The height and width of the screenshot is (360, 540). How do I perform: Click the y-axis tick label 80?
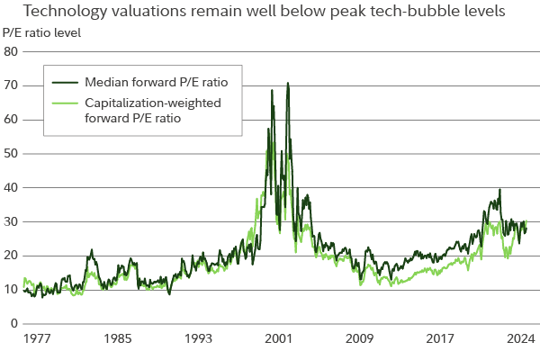12,51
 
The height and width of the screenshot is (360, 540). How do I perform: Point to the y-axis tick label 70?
12,85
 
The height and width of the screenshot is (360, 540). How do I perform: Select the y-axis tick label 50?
12,153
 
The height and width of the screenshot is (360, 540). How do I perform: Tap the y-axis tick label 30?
12,221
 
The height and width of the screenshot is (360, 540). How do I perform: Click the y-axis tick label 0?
14,323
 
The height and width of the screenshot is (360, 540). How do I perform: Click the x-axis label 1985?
117,341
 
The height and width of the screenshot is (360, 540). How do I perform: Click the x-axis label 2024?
519,341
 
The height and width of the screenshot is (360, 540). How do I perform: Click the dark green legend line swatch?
67,81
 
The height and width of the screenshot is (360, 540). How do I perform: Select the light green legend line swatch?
67,103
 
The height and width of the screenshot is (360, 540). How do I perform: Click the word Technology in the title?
61,13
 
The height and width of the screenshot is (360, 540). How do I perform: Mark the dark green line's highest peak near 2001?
287,84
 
